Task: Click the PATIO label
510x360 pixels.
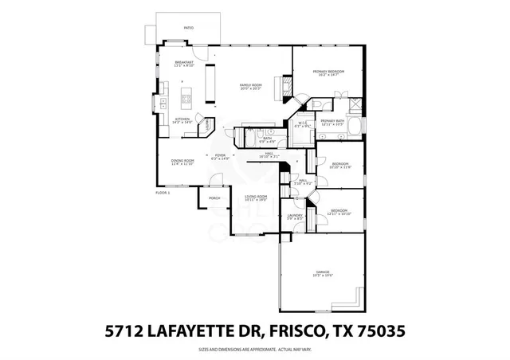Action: coord(188,28)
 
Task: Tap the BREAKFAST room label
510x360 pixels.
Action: coord(185,63)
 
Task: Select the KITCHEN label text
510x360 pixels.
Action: coord(183,119)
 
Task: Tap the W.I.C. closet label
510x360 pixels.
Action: coord(302,123)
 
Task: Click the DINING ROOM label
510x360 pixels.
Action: coord(182,161)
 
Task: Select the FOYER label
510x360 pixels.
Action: coord(220,155)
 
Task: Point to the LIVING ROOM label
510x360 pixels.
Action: coord(255,196)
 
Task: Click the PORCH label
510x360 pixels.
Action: coord(214,198)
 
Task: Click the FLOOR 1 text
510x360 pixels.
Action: coord(163,192)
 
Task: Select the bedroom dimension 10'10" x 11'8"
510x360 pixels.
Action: coord(340,167)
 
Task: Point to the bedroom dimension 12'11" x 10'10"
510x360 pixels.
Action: coord(339,214)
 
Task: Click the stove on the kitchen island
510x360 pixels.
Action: coord(186,100)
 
